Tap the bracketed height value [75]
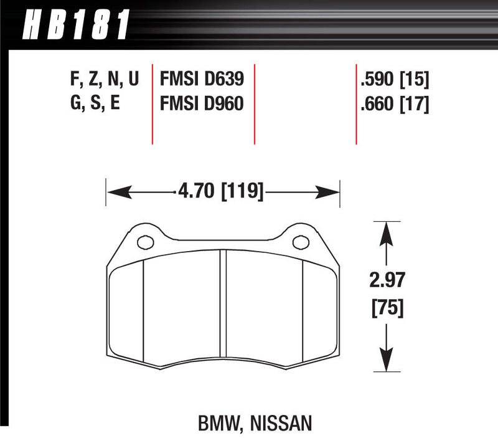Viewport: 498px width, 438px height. pos(386,307)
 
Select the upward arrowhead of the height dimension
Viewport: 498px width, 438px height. pos(387,231)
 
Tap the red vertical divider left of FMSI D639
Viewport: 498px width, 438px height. pos(153,103)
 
